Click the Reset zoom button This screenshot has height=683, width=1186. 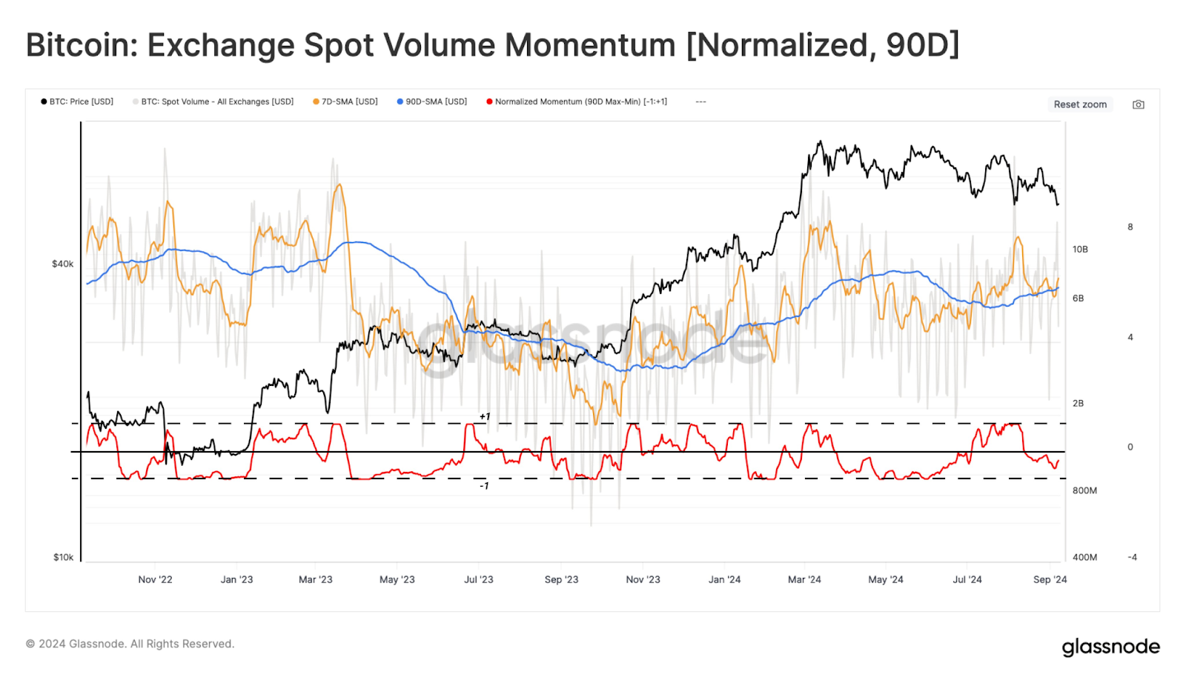1080,104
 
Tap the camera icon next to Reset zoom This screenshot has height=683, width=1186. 1138,104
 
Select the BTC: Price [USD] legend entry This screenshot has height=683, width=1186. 77,101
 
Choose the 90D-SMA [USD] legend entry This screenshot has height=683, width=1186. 432,101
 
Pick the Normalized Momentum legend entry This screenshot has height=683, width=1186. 577,101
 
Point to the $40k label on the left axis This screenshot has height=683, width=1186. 62,264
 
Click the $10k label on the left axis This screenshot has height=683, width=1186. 63,557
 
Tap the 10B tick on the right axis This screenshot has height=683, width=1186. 1080,250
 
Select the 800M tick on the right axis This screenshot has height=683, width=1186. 1084,490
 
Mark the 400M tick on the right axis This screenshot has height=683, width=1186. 1084,557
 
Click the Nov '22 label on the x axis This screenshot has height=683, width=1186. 155,579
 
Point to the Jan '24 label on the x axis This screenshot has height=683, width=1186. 724,579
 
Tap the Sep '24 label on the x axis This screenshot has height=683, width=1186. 1050,579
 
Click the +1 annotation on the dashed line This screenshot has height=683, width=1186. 485,416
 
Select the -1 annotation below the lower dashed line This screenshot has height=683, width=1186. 484,486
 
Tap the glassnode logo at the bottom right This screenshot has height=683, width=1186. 1110,647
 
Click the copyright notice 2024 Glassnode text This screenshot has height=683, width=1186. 130,644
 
